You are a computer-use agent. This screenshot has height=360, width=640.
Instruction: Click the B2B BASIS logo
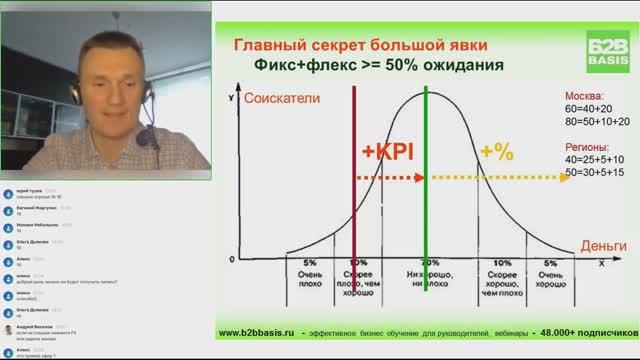click(606, 47)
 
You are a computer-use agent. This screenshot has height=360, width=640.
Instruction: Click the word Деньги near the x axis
click(604, 246)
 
